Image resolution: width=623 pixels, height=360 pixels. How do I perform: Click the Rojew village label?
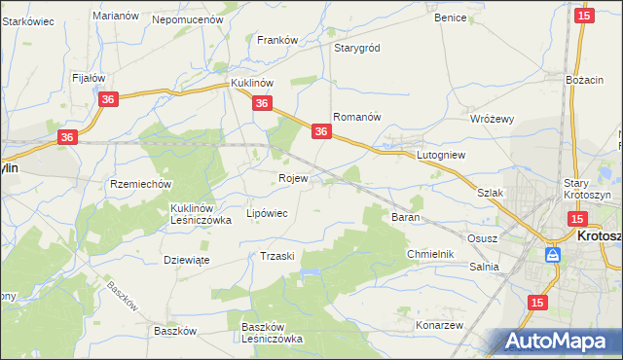[293, 179]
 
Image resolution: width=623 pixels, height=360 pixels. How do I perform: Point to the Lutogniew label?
[442, 155]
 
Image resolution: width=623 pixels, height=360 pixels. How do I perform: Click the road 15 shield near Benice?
[583, 16]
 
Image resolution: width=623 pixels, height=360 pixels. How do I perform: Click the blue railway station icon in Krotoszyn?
[553, 255]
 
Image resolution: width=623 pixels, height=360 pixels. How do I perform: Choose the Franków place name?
[276, 40]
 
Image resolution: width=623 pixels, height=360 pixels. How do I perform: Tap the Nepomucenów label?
[188, 18]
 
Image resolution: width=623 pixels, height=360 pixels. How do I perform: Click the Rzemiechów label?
[141, 184]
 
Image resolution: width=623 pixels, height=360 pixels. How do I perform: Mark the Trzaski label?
[277, 255]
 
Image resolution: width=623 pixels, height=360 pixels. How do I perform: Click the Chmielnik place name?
[430, 254]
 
